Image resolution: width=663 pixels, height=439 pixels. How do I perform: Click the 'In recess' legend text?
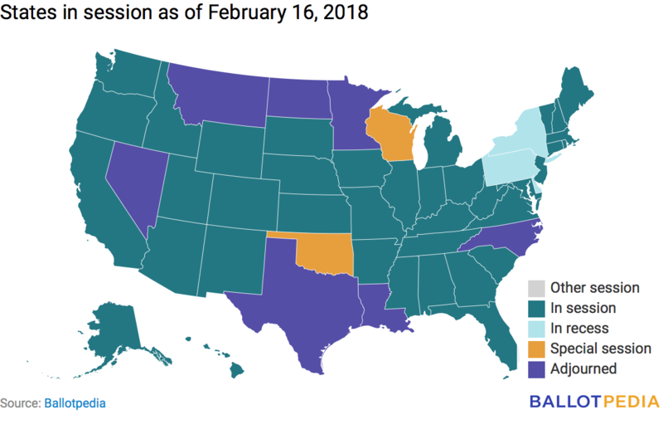coord(580,329)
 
